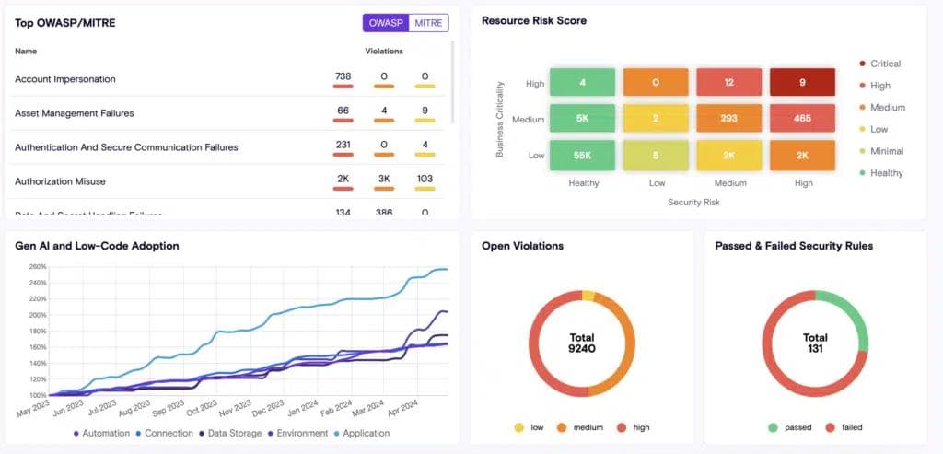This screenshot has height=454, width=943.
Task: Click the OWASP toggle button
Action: pos(385,23)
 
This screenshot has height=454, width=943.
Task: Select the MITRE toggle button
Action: pos(428,23)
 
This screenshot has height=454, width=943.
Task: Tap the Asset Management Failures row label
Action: pos(74,113)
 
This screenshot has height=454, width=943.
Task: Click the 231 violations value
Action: pos(343,145)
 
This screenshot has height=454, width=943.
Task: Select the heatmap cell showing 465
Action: pos(802,119)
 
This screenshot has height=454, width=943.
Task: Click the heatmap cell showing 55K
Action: pos(582,156)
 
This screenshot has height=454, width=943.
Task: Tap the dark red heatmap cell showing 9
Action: pos(802,82)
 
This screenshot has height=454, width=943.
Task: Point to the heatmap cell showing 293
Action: pos(728,119)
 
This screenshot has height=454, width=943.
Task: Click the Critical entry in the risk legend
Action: pos(879,64)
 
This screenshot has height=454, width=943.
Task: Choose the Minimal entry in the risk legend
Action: pos(880,151)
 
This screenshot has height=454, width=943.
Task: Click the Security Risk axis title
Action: pos(693,202)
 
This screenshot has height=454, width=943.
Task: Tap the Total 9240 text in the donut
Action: pos(581,343)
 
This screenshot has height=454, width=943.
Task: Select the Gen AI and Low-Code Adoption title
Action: pos(97,246)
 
